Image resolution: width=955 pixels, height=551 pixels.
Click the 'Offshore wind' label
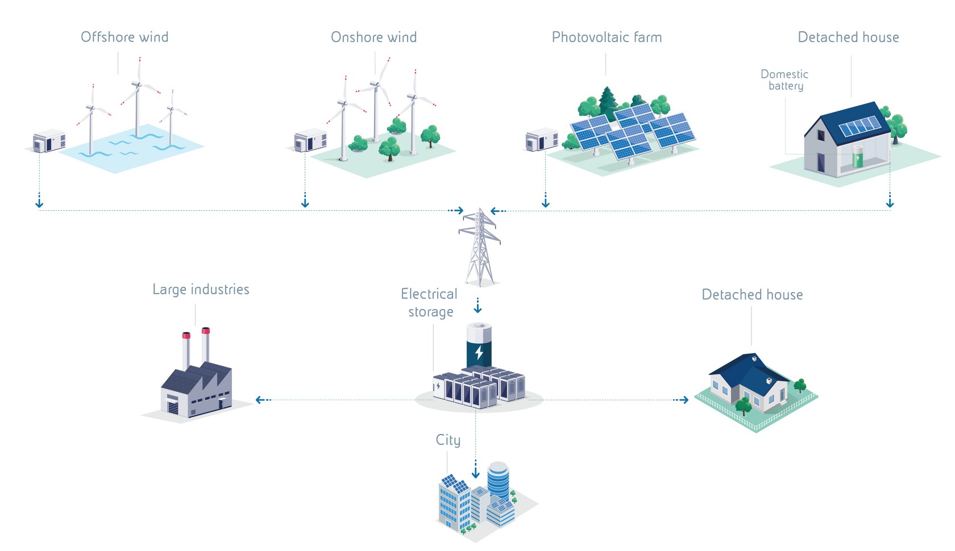coord(124,37)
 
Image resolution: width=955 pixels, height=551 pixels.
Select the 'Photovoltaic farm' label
coord(607,37)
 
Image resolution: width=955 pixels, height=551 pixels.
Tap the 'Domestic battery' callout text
coord(784,80)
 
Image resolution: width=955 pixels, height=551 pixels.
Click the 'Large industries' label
coord(201,290)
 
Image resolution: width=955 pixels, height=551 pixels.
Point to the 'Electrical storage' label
coord(430,303)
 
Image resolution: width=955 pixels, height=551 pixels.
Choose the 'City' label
coord(448,440)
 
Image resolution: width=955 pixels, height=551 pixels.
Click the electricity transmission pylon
coord(479,247)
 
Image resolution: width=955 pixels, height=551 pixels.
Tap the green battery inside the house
coord(857,156)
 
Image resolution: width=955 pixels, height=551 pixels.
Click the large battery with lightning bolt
coord(479,347)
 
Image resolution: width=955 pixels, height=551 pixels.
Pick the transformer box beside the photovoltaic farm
coord(541,140)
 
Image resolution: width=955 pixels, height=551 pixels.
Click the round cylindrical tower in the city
coord(499,481)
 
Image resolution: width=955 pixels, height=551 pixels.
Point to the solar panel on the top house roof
coord(859,126)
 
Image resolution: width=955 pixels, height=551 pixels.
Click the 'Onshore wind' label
coord(373,37)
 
